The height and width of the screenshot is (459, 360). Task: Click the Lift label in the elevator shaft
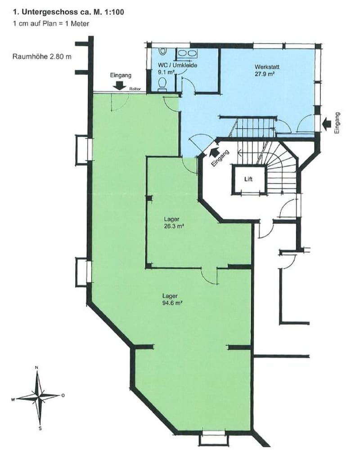click(248, 179)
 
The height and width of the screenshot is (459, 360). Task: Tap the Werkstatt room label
click(265, 67)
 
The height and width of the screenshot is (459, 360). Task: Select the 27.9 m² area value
click(265, 74)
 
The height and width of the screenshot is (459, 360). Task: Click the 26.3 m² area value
click(174, 226)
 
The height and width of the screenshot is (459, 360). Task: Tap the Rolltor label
click(135, 89)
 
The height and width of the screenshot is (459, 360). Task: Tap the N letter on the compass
click(36, 367)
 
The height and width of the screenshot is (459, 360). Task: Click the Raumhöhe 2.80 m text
click(42, 57)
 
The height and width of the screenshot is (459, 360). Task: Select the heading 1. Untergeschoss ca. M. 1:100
click(68, 12)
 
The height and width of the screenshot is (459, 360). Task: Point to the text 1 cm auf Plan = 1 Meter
click(51, 23)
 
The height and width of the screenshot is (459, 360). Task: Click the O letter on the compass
click(63, 396)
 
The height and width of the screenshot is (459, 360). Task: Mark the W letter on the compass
click(13, 400)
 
